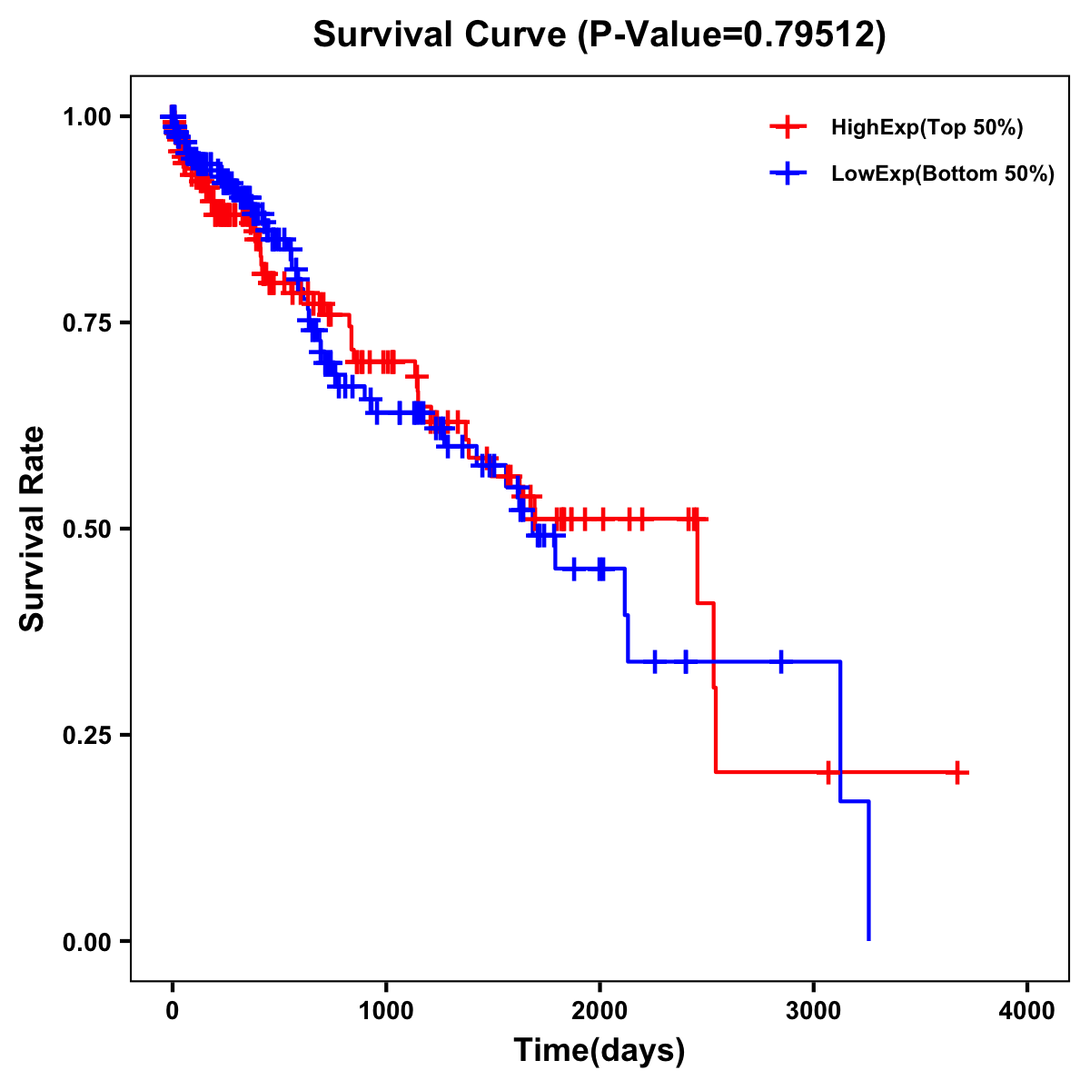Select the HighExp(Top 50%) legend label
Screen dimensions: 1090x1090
[926, 128]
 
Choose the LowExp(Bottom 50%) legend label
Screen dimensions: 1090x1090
[943, 174]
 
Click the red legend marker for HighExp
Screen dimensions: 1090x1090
[788, 127]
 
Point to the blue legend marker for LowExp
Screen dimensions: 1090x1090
[788, 173]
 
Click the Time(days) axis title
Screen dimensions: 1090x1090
[599, 1051]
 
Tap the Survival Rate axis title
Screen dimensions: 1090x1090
[33, 529]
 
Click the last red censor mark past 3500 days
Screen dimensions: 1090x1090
[956, 773]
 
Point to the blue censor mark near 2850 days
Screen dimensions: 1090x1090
[780, 661]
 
